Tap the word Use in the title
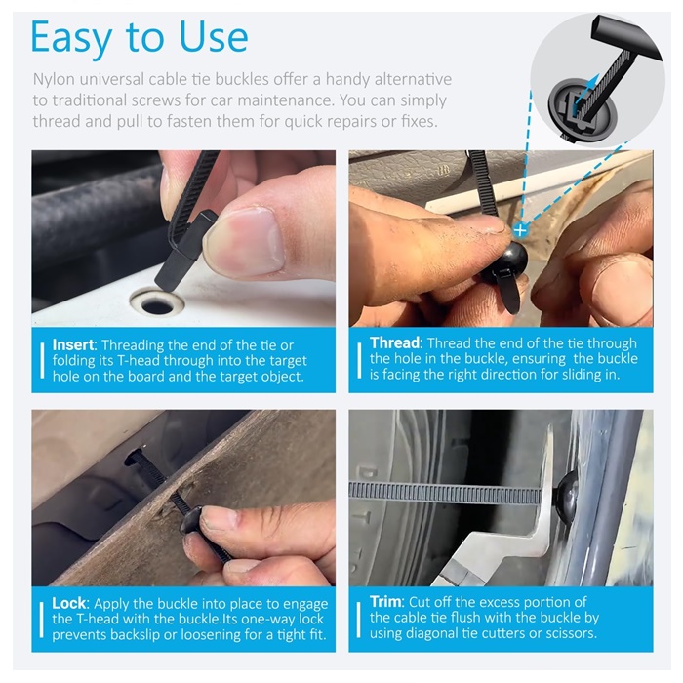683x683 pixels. [x=214, y=37]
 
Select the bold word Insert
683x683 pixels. [x=73, y=345]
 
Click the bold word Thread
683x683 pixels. [x=394, y=342]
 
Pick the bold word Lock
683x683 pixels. [x=69, y=603]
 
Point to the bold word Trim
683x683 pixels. [x=386, y=602]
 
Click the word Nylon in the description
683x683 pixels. [x=54, y=80]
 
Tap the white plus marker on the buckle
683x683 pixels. [x=520, y=230]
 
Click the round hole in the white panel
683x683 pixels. [x=157, y=304]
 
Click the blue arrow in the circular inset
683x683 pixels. [x=583, y=91]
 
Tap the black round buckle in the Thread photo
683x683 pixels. [x=508, y=259]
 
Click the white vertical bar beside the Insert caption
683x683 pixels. [x=42, y=360]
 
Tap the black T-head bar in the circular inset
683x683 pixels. [x=625, y=39]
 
